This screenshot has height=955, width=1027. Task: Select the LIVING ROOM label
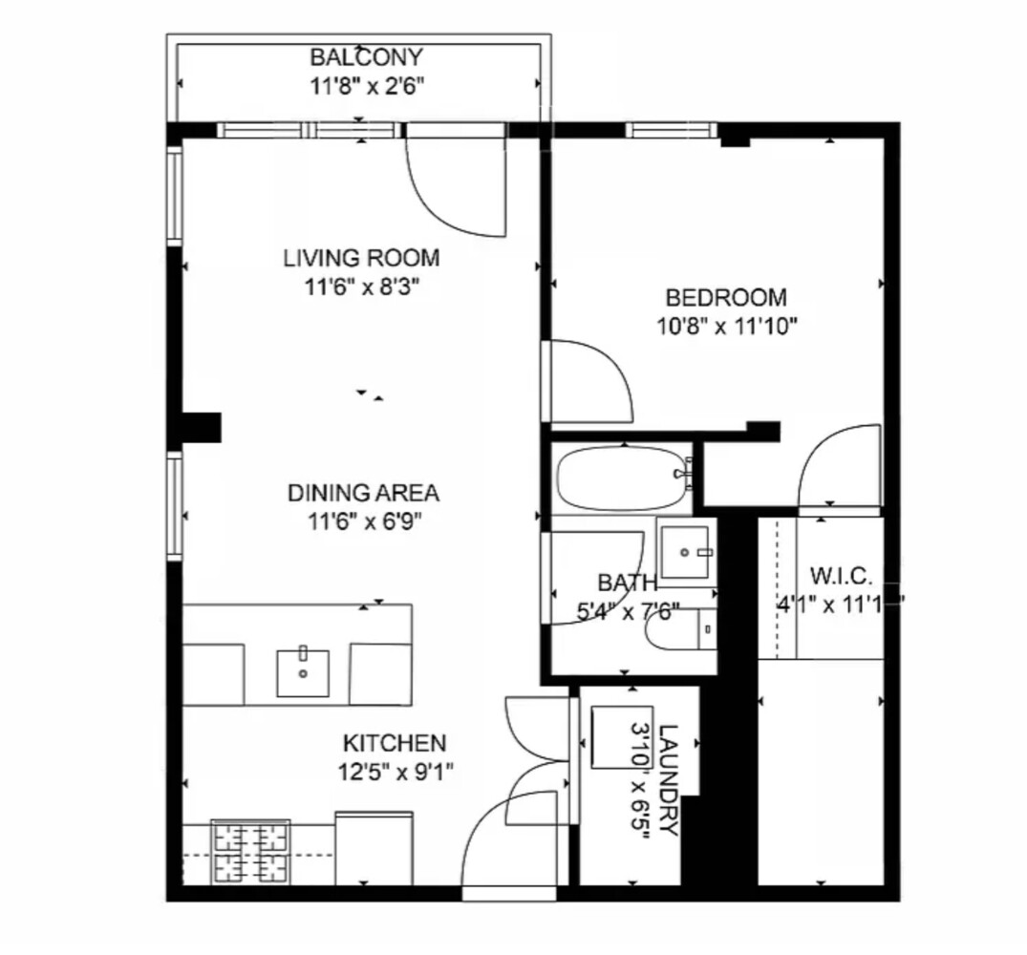click(361, 258)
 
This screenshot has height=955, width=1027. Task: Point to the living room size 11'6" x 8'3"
click(361, 285)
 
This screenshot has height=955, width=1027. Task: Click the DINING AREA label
click(363, 494)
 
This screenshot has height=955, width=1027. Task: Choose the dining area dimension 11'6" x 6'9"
click(363, 520)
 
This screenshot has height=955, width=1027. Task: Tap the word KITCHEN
click(395, 743)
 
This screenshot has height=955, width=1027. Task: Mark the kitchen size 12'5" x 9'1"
click(395, 770)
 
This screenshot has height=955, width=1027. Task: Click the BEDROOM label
click(726, 297)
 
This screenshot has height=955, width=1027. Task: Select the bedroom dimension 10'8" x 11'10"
click(727, 325)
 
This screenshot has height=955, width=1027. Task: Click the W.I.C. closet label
click(841, 577)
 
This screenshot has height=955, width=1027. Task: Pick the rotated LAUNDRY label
click(669, 781)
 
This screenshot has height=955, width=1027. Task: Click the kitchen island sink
click(303, 672)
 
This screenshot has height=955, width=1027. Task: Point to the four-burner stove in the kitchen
click(250, 852)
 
